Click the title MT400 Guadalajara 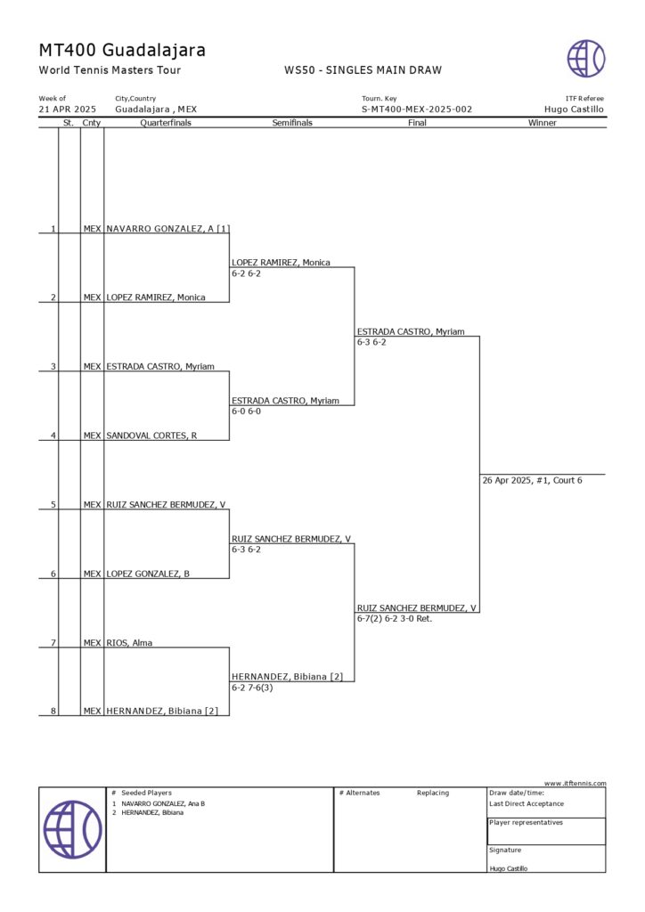(122, 50)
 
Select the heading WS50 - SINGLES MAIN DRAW (363, 70)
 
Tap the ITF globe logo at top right (585, 58)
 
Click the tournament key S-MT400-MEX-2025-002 (416, 110)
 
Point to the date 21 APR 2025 (68, 110)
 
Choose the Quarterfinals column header (166, 123)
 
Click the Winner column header (542, 123)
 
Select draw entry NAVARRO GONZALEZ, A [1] (167, 229)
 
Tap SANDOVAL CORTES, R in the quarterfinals (151, 436)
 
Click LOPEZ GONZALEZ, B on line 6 (148, 574)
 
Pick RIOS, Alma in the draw (129, 642)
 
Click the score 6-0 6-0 (246, 411)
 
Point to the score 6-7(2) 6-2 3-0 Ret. (394, 618)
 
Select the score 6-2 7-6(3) (252, 688)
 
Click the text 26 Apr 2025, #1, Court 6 (532, 481)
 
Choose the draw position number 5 (53, 505)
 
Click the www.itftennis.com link (575, 783)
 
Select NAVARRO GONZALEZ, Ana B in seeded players (163, 803)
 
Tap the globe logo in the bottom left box (73, 829)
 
